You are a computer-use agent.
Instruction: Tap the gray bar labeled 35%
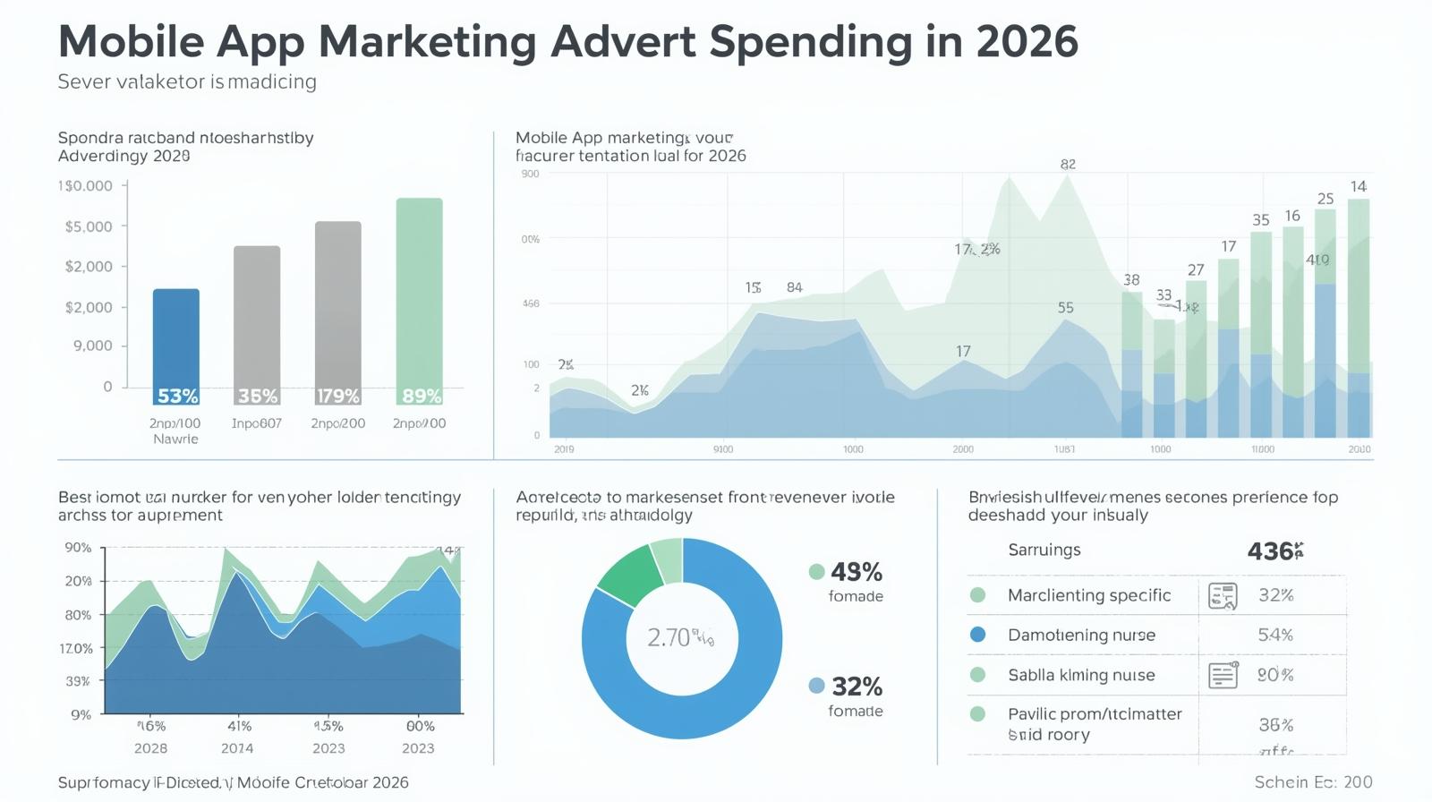click(x=257, y=322)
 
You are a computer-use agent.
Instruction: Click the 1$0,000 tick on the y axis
click(x=86, y=186)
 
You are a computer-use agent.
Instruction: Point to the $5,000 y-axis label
click(x=89, y=226)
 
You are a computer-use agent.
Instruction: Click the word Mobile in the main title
click(x=131, y=41)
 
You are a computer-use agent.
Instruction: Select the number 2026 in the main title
click(x=1027, y=41)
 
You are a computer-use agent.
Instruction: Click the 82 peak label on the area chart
click(x=1068, y=165)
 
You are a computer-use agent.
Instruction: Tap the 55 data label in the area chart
click(x=1065, y=308)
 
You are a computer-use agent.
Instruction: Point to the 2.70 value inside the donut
click(x=670, y=637)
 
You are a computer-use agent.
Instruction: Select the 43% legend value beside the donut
click(x=857, y=572)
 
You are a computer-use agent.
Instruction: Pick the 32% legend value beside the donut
click(x=857, y=687)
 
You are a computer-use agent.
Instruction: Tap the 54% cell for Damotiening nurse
click(x=1275, y=635)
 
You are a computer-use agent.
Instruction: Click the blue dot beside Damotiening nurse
click(x=977, y=635)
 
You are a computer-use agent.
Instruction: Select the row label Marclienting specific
click(x=1088, y=595)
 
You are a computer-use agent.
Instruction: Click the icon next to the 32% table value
click(x=1223, y=595)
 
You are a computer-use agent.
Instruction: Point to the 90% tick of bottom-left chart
click(x=78, y=548)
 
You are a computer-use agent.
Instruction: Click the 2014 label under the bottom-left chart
click(x=237, y=748)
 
